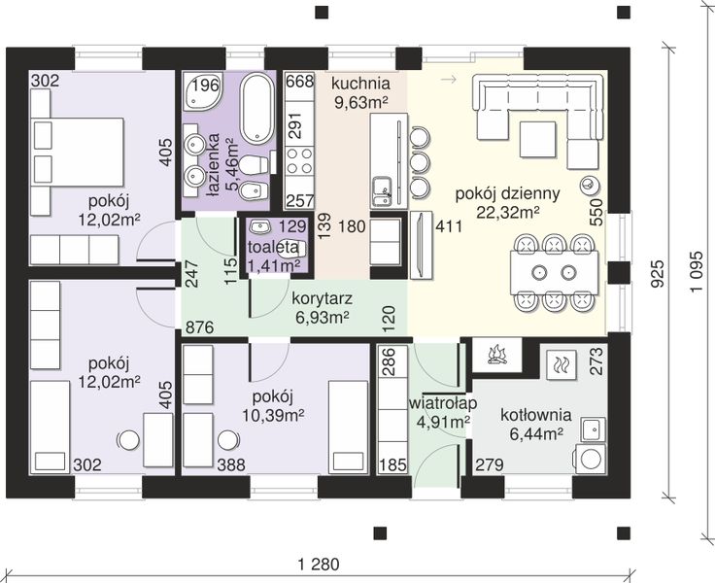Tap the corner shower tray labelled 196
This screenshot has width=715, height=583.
click(202, 92)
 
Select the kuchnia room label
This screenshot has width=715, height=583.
click(360, 84)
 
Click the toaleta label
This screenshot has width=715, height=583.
click(273, 247)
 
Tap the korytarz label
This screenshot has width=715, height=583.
click(322, 299)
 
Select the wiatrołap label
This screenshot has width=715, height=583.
click(443, 403)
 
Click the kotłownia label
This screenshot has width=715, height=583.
click(536, 415)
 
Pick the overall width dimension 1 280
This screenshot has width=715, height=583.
click(319, 565)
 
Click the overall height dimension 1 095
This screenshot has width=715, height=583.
click(697, 272)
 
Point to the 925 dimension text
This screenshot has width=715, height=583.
click(657, 274)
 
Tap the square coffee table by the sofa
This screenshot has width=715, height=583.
click(537, 139)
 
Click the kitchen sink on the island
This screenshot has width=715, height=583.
click(382, 191)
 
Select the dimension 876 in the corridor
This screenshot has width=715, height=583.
click(199, 327)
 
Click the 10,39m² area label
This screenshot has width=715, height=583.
click(273, 416)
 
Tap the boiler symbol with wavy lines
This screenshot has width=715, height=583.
click(559, 364)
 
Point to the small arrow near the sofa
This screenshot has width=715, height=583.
click(449, 80)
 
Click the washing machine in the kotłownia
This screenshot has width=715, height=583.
click(591, 459)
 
